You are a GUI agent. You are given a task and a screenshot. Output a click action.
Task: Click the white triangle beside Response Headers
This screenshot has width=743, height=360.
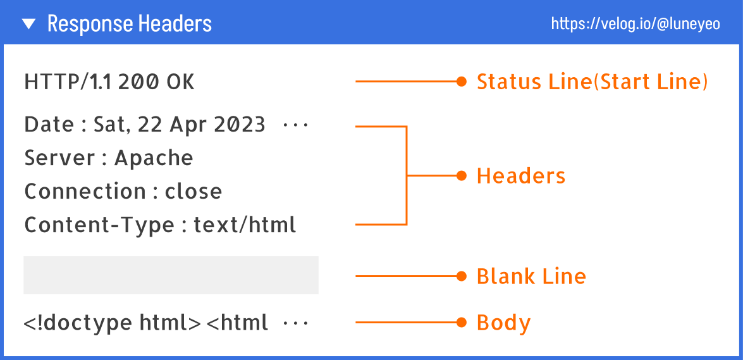pyautogui.click(x=29, y=24)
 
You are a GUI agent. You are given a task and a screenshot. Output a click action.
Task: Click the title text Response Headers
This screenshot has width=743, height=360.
pyautogui.click(x=129, y=24)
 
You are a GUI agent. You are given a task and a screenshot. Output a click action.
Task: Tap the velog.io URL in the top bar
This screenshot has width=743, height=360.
pyautogui.click(x=636, y=24)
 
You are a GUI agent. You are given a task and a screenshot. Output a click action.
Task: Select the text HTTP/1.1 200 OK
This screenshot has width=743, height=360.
pyautogui.click(x=109, y=82)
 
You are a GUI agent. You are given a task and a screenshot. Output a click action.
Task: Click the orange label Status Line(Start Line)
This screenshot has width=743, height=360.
pyautogui.click(x=592, y=82)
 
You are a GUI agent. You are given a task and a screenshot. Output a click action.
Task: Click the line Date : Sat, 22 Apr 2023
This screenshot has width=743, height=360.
pyautogui.click(x=145, y=125)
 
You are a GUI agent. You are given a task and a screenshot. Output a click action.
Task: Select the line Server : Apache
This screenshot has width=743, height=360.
pyautogui.click(x=109, y=158)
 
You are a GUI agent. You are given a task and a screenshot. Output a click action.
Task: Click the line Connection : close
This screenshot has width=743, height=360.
pyautogui.click(x=123, y=192)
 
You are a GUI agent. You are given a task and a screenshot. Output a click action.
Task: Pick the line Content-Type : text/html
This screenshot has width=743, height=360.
pyautogui.click(x=160, y=225)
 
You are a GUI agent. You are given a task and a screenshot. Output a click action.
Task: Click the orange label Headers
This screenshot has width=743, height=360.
pyautogui.click(x=521, y=176)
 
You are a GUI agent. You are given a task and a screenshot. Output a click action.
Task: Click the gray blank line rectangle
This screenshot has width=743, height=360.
pyautogui.click(x=171, y=275)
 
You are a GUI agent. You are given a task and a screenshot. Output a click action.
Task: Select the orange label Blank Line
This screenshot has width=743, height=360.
pyautogui.click(x=531, y=276)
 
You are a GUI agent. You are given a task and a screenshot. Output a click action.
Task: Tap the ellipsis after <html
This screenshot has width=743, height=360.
pyautogui.click(x=295, y=324)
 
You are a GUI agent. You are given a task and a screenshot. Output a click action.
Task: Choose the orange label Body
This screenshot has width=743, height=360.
pyautogui.click(x=503, y=323)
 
